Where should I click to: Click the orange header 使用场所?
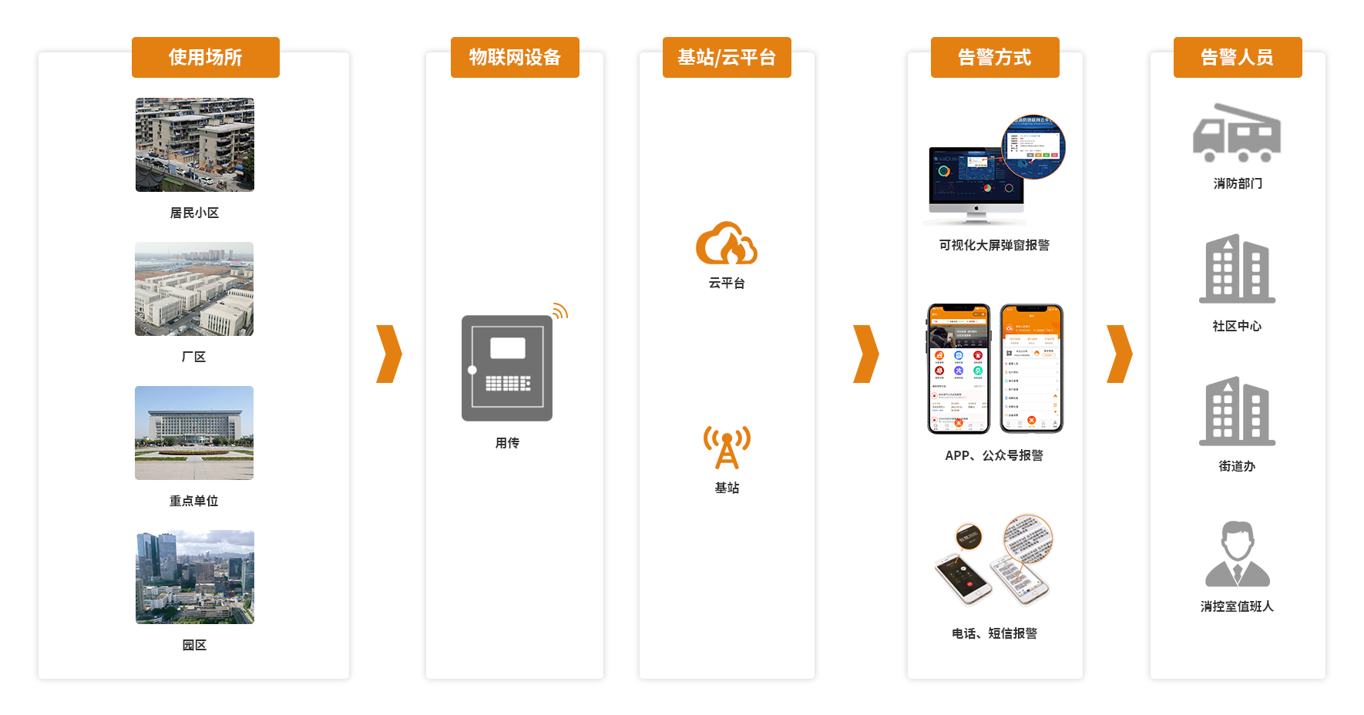205,58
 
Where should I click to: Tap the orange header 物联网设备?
515,58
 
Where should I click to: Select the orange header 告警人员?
1237,58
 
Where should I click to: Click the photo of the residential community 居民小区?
195,145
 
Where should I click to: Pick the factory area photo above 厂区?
194,289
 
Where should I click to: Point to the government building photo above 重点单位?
194,433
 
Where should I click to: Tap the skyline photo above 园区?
195,577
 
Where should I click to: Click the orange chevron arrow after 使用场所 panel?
389,354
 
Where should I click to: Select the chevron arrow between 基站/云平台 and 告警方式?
866,354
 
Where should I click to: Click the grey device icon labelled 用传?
507,368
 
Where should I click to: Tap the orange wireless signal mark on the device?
560,311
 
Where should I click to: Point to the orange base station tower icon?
727,448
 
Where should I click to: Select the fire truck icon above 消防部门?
1237,133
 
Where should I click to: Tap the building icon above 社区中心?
1237,269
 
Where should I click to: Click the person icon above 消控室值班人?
1237,554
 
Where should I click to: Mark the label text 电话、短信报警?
994,633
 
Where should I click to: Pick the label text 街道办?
1237,466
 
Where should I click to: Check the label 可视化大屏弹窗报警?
994,245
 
